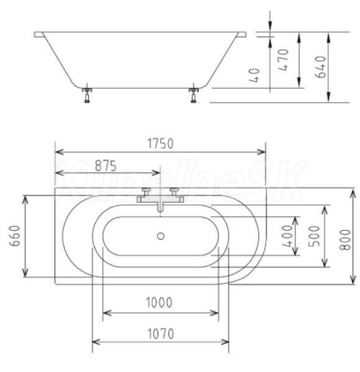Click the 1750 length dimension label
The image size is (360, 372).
(x=160, y=144)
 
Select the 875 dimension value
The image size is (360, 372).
(x=106, y=166)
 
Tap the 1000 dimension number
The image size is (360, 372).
(x=159, y=303)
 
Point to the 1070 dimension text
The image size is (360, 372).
(x=161, y=334)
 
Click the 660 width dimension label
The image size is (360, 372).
(x=15, y=236)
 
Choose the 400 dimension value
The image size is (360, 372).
(x=287, y=236)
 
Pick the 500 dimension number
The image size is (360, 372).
(x=314, y=236)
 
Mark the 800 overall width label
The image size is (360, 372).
(x=345, y=240)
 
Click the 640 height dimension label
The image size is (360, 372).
(x=320, y=67)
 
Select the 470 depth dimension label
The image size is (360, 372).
(x=283, y=60)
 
